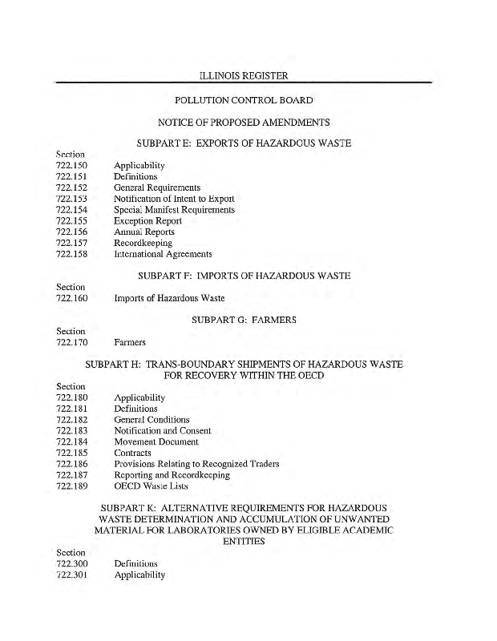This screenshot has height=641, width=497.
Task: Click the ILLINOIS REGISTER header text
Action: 243,75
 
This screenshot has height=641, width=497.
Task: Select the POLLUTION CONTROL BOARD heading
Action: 243,101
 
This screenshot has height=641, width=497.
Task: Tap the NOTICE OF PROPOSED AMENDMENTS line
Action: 244,123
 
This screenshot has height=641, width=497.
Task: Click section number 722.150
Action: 72,166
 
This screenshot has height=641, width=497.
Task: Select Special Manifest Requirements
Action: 174,210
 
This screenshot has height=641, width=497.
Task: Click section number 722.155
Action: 72,221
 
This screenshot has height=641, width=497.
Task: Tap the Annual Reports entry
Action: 143,232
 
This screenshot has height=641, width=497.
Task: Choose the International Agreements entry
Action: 163,254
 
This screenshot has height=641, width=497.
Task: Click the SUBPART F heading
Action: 244,276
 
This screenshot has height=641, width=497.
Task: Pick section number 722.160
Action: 72,298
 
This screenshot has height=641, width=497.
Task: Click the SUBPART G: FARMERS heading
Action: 244,320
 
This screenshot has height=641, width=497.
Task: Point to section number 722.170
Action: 72,342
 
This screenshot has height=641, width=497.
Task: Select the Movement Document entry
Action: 156,441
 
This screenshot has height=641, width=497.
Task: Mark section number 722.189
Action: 72,486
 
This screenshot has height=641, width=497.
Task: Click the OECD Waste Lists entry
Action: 149,486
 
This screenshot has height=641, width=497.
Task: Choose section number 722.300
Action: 72,564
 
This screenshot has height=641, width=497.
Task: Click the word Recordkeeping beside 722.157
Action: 143,243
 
